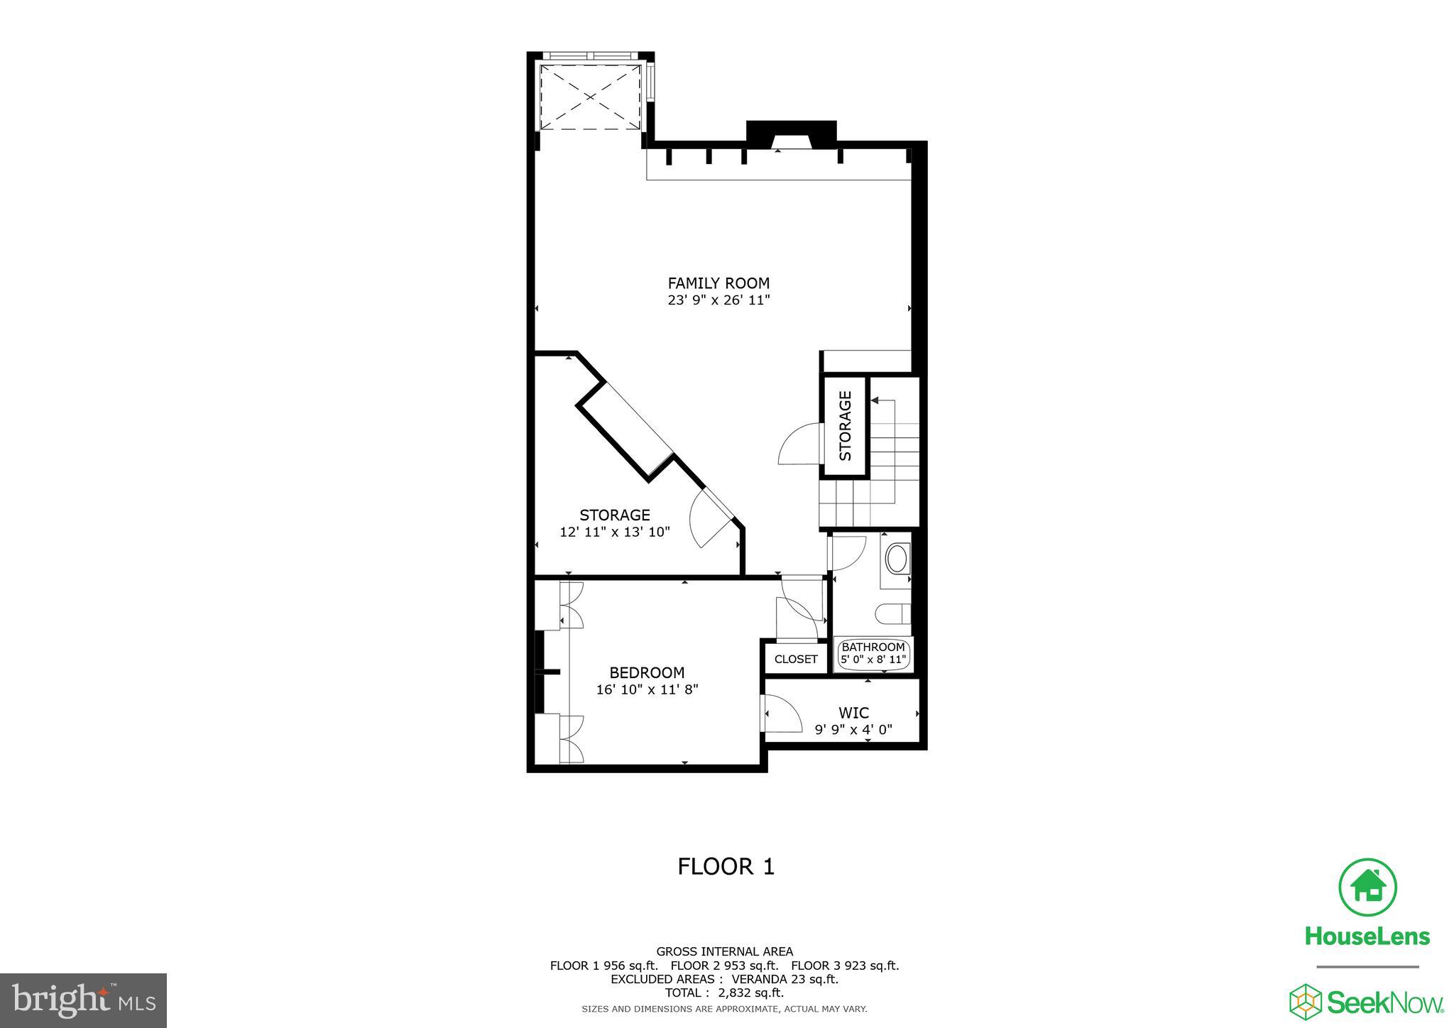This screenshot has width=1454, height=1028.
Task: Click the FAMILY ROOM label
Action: [x=718, y=283]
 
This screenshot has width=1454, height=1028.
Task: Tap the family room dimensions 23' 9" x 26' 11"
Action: [x=718, y=300]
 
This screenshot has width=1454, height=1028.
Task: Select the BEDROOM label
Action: [x=647, y=672]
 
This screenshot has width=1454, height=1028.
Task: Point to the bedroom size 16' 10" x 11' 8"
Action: [x=647, y=689]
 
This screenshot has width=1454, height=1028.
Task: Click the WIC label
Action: [x=853, y=713]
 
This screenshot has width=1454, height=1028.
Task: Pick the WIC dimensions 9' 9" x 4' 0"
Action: [x=853, y=729]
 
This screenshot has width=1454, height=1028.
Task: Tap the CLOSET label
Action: [x=796, y=659]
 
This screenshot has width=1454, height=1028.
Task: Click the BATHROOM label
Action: [x=873, y=647]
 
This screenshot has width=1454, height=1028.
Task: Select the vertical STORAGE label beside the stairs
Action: [x=845, y=426]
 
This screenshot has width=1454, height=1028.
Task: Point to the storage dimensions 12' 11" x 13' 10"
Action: [x=615, y=532]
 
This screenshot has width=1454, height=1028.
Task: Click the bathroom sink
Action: [x=898, y=559]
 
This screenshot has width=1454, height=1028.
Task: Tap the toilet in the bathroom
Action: [x=891, y=613]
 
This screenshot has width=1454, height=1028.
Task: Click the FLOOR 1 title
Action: [x=726, y=867]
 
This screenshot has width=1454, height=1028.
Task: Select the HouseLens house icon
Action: [x=1367, y=887]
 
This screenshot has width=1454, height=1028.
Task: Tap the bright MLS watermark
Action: [x=83, y=1001]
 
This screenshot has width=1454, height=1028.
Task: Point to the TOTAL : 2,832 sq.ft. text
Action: [x=724, y=993]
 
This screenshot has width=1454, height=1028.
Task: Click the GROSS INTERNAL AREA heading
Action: [x=724, y=951]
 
